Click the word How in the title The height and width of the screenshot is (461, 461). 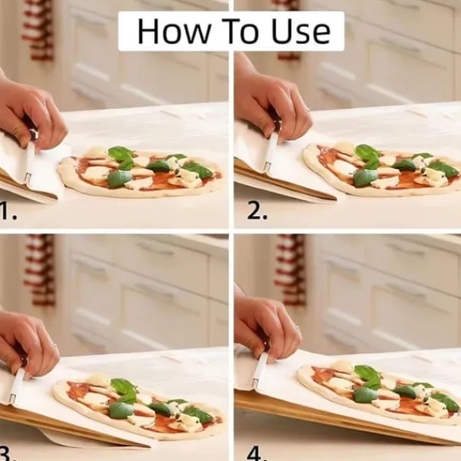(174, 32)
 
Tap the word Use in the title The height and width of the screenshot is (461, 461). (300, 32)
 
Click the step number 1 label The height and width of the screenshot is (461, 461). (8, 211)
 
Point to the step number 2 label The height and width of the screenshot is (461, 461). (257, 211)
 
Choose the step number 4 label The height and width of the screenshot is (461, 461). (257, 453)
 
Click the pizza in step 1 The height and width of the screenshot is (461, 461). (140, 172)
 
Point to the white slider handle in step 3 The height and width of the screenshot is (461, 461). (16, 386)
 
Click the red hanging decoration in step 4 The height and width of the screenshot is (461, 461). (289, 270)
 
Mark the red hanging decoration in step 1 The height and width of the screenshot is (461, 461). (38, 29)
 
